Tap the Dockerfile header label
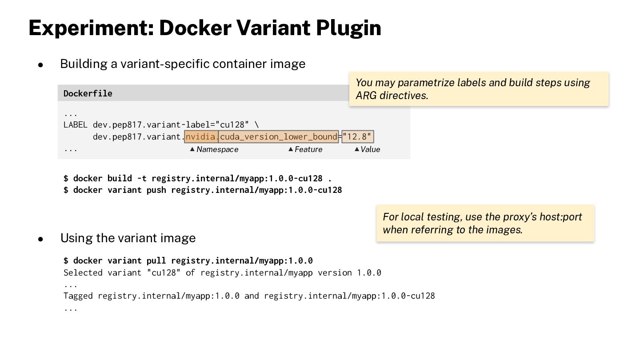tap(88, 93)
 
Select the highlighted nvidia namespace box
tap(201, 136)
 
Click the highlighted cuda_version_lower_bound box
tap(279, 136)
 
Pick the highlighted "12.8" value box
tap(358, 136)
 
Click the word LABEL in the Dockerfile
tap(76, 125)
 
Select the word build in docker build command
tap(120, 178)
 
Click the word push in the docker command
tap(156, 190)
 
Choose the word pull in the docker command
tap(156, 260)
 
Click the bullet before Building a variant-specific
tap(40, 65)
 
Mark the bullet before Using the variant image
tap(40, 239)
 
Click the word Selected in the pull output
tap(83, 272)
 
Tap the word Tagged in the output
tap(78, 296)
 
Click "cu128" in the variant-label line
tap(232, 125)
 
